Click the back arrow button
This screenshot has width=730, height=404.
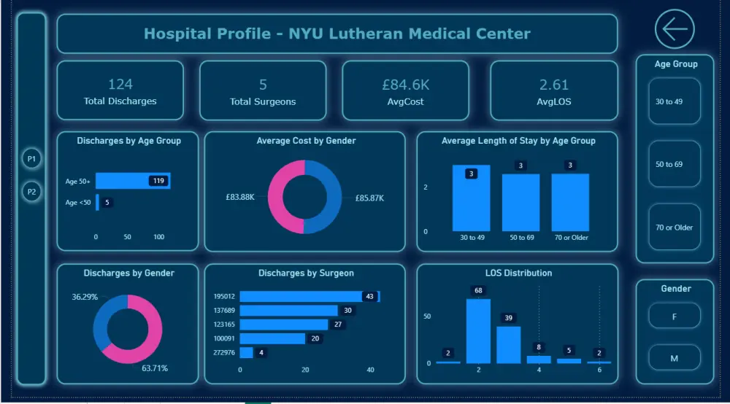[x=675, y=29]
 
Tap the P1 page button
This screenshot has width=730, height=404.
[x=31, y=158]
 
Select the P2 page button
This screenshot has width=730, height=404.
[x=31, y=192]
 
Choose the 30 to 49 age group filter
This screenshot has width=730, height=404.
[x=674, y=101]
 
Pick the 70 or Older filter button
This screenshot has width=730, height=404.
[x=674, y=228]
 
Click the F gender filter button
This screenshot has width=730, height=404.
[x=674, y=316]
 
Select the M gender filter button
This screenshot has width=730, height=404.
[x=674, y=358]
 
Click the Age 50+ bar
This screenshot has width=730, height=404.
[x=133, y=181]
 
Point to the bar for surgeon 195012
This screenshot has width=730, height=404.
[x=310, y=296]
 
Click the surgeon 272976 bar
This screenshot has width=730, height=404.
[x=246, y=352]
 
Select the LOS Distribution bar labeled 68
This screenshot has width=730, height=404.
[x=478, y=331]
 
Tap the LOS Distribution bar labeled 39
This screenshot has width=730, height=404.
[x=508, y=345]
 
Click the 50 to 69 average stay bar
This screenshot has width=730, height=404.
[x=521, y=203]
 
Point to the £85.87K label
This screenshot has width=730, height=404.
[x=369, y=198]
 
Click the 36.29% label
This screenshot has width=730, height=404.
[x=85, y=297]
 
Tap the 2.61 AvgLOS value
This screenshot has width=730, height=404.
[x=554, y=85]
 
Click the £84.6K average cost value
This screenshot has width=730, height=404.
[x=405, y=85]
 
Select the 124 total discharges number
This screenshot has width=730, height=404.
[x=120, y=84]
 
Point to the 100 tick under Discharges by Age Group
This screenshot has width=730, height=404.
[x=158, y=236]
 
